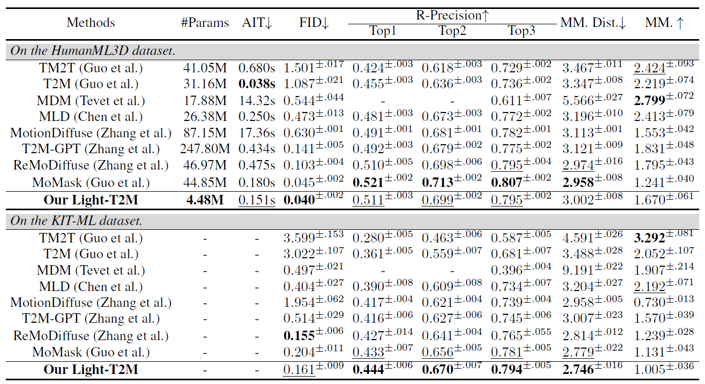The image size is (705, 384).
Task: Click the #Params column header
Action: click(x=205, y=23)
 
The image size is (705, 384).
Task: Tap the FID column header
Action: click(x=313, y=23)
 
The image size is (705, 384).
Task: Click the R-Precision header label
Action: click(x=452, y=15)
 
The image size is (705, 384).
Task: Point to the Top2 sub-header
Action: click(x=452, y=31)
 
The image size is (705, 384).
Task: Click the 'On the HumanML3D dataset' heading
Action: click(x=93, y=51)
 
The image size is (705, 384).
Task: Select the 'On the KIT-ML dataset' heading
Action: click(x=77, y=221)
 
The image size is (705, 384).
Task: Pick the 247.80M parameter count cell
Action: click(x=205, y=149)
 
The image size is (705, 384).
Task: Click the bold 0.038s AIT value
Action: click(x=256, y=84)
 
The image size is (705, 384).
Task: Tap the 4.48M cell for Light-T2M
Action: click(x=205, y=200)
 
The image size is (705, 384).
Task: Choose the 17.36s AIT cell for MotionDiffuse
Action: click(x=256, y=133)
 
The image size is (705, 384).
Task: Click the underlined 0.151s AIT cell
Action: click(x=256, y=200)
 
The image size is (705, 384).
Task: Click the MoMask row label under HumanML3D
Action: click(x=91, y=183)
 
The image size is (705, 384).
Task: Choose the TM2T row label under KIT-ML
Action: click(x=91, y=238)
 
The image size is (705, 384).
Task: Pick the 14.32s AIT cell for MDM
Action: click(x=256, y=100)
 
